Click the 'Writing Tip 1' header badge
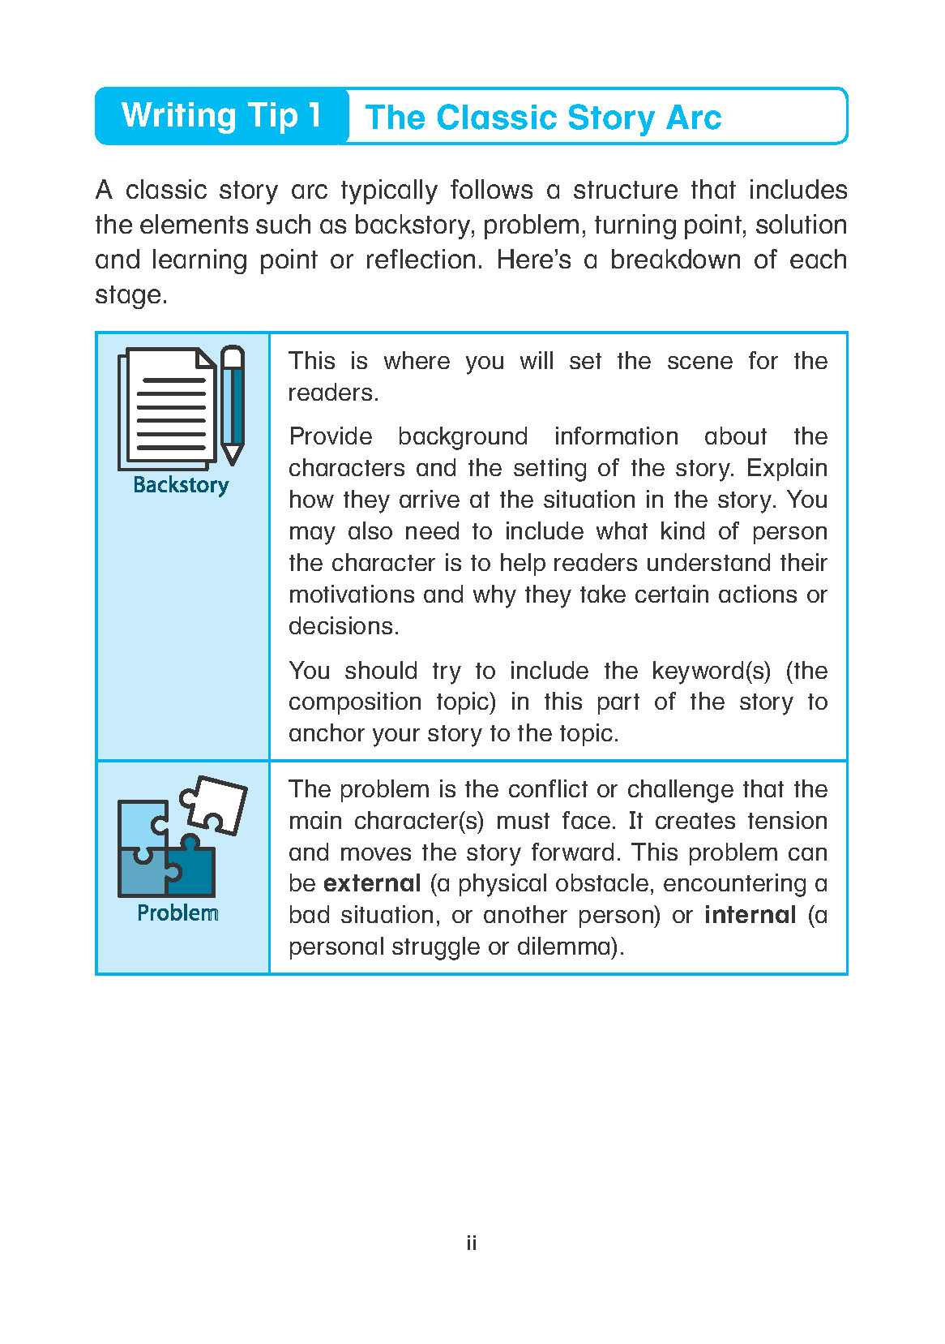click(220, 116)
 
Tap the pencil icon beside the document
click(233, 405)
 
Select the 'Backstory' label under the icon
click(181, 485)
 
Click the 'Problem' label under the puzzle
click(178, 912)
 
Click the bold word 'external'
click(372, 883)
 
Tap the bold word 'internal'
click(750, 915)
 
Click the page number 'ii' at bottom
click(472, 1243)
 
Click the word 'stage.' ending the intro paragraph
click(131, 294)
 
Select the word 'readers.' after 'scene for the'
click(334, 393)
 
